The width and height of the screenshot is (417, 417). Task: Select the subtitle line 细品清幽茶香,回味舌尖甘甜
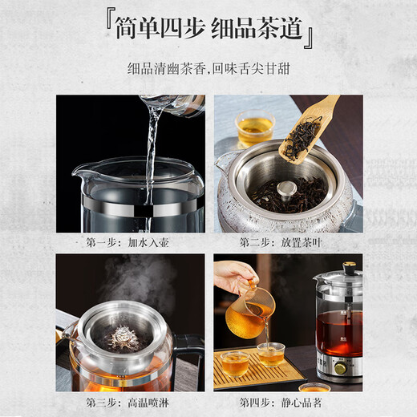[x=208, y=71]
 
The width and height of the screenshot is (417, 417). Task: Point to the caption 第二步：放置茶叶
[x=288, y=241]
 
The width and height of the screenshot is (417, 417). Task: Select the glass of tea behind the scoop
[x=254, y=128]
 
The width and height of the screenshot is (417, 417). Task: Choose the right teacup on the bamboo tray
[x=271, y=353]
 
